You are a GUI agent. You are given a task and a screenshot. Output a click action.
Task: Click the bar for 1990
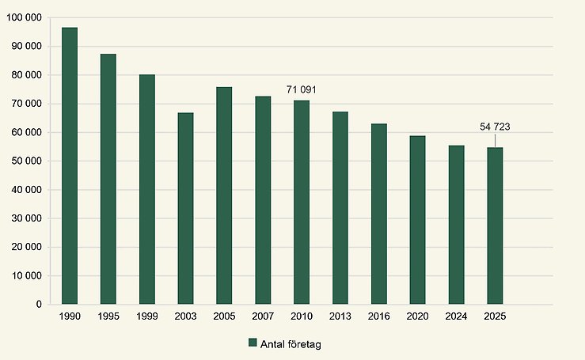pos(70,166)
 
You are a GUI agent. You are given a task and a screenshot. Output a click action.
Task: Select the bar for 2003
pos(186,208)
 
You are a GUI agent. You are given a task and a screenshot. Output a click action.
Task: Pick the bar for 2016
pos(379,214)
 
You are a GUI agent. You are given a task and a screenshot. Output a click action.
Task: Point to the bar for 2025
pos(495,225)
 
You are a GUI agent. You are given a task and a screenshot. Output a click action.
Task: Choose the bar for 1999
pos(147,189)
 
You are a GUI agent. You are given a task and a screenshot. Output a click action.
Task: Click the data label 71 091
pos(302,90)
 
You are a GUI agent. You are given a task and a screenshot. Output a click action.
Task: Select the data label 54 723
pos(496,127)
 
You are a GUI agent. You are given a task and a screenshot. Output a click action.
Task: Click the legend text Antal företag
pos(290,343)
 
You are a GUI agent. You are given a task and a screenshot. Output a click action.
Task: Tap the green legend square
pos(253,343)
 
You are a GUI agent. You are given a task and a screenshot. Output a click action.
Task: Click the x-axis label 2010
pos(302,316)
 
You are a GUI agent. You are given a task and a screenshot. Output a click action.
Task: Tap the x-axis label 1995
pos(108,316)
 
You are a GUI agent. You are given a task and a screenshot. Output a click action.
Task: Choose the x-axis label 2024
pos(456,316)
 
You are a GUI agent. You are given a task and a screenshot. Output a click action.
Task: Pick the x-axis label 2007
pos(263,316)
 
